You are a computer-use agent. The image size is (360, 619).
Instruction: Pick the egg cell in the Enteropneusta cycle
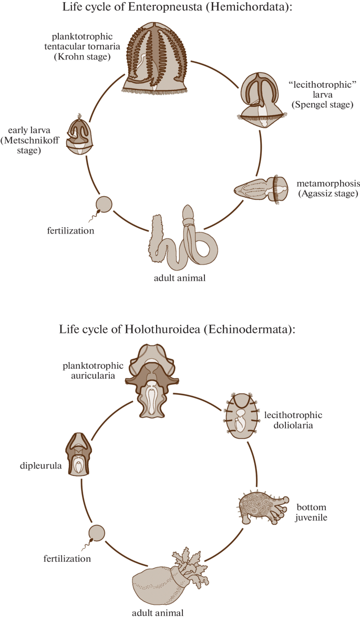point(104,204)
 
